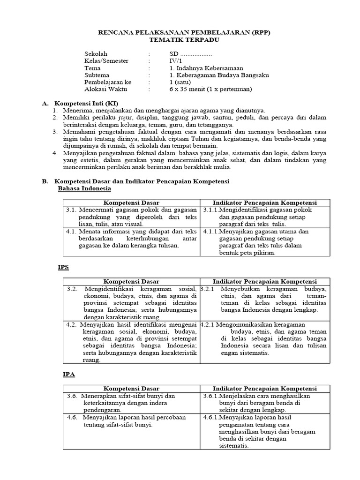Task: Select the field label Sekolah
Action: click(x=96, y=54)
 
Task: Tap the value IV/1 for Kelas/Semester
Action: click(x=174, y=61)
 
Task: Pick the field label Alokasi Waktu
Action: click(x=105, y=89)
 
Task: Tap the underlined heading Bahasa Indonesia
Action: click(x=84, y=188)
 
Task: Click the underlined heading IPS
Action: click(x=63, y=267)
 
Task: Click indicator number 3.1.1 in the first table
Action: click(x=210, y=210)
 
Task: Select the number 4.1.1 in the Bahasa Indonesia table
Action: click(x=210, y=231)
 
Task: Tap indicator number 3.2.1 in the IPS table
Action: click(x=207, y=289)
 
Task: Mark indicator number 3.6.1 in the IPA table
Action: click(x=210, y=396)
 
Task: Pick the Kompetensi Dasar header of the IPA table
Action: click(x=131, y=389)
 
